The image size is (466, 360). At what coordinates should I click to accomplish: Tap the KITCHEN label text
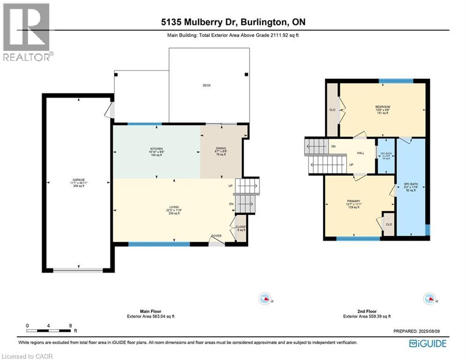point(156,149)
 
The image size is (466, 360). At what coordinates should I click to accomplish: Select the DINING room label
point(220,149)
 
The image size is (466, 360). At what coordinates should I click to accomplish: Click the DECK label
point(207,85)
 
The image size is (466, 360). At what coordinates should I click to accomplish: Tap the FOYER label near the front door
point(216,236)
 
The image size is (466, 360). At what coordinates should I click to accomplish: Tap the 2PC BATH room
point(386,156)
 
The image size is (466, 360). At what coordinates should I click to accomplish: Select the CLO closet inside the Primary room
point(388,225)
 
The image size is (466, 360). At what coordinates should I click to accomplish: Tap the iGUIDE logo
point(428,344)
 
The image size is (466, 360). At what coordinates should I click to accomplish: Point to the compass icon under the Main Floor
point(266,298)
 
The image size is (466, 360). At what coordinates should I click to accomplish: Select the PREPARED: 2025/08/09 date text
point(420,331)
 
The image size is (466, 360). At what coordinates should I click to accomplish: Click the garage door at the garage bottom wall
point(78,270)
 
